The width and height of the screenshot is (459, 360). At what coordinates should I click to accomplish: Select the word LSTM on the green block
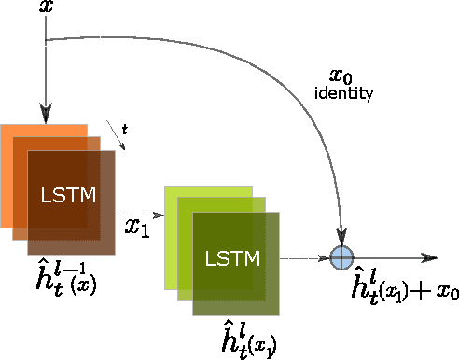(229, 256)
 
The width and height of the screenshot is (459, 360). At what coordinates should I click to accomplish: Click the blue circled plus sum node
(343, 257)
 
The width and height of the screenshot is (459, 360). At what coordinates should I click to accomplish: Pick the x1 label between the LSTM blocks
(138, 225)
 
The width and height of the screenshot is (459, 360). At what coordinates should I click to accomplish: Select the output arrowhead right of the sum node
(431, 258)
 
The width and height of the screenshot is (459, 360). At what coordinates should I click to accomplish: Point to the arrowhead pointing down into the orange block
(45, 116)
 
